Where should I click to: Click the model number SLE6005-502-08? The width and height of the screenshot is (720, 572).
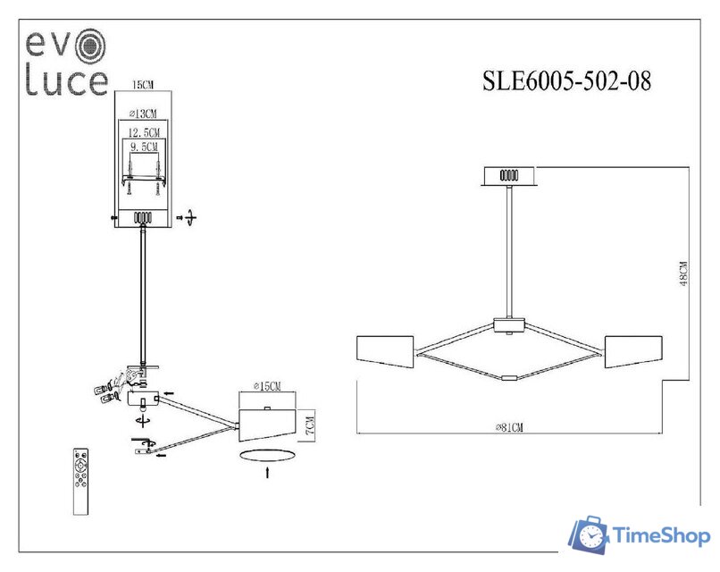point(566,82)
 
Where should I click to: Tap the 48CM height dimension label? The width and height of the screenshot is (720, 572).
point(682,273)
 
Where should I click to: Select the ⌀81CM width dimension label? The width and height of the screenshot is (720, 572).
point(509,428)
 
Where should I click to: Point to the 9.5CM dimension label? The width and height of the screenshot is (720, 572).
point(144,145)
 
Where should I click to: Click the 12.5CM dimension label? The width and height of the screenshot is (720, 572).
point(144,130)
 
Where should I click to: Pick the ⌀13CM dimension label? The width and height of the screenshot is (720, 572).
point(143,114)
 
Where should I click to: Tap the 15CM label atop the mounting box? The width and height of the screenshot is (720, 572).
point(142,85)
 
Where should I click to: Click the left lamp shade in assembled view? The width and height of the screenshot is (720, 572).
point(385,351)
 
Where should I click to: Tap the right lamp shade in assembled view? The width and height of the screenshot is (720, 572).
point(633,351)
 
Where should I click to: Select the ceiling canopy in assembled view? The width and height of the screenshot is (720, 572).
point(509,175)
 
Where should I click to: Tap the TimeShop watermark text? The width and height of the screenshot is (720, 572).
point(661,535)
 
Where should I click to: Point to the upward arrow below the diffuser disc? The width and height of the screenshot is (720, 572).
point(267,472)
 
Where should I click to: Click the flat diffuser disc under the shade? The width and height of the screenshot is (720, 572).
point(267,454)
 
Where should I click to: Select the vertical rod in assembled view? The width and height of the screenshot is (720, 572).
point(509,250)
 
